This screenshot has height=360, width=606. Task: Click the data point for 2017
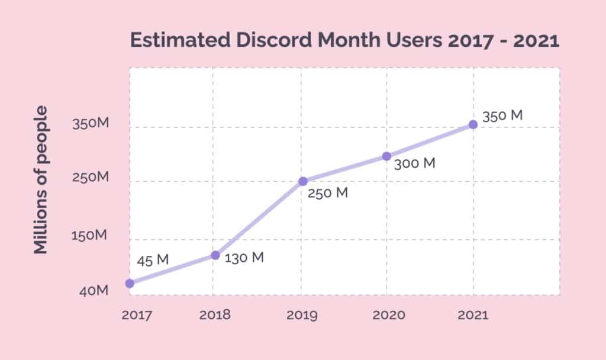130,283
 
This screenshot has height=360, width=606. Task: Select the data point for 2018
215,255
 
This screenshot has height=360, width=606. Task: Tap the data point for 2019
302,181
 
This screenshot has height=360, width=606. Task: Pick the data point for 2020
386,156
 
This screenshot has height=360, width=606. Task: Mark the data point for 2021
473,124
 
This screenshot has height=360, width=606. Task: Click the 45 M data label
153,260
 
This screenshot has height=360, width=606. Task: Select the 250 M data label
328,192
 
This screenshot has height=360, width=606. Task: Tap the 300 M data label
414,163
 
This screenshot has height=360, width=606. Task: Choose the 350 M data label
502,116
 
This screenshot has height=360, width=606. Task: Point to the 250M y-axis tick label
90,178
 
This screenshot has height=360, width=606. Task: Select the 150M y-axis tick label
90,236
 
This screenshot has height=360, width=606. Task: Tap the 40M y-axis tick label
93,291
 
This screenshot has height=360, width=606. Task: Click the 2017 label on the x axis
137,315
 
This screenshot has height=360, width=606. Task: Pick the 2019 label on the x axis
301,315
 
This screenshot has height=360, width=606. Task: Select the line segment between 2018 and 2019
259,218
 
